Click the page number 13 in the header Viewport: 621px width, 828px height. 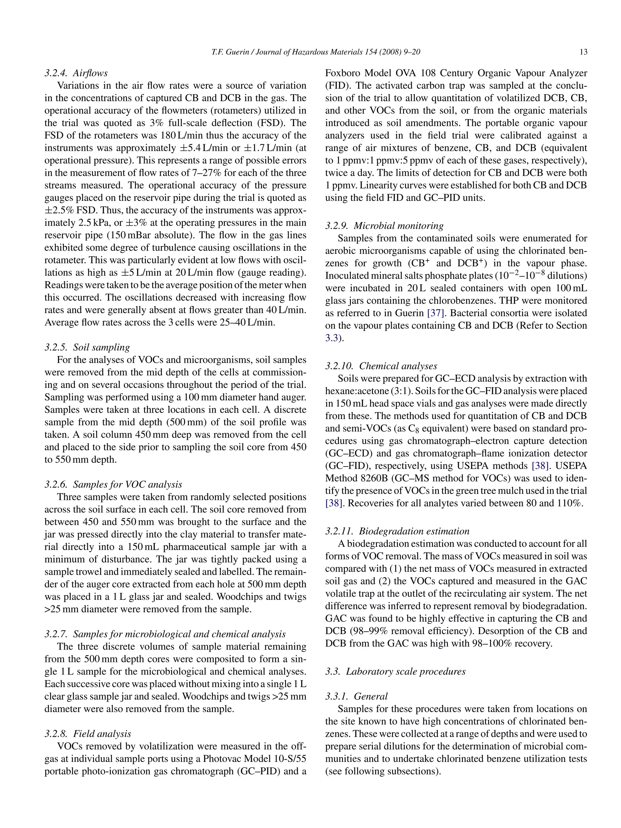pos(583,52)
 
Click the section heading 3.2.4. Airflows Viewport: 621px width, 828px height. pos(76,73)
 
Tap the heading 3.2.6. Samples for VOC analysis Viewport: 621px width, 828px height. pos(113,484)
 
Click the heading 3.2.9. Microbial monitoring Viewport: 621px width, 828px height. pos(384,226)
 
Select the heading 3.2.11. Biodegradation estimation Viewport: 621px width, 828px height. pos(397,531)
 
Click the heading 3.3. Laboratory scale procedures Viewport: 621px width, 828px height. pos(395,671)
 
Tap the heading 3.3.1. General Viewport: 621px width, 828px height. pos(356,696)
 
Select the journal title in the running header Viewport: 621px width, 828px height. pos(315,52)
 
